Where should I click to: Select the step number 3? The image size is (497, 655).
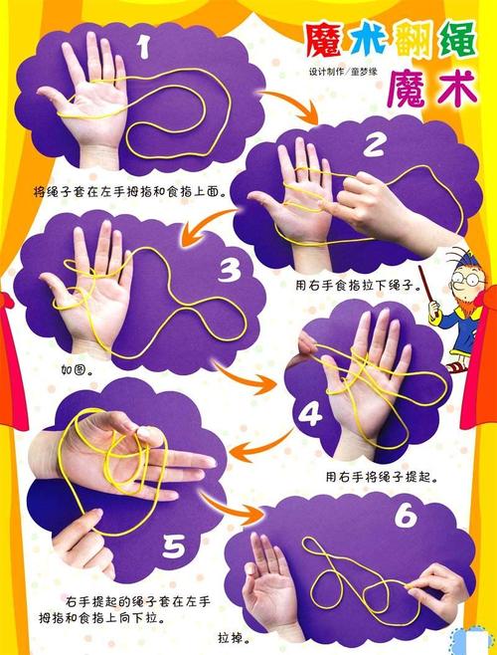(230, 270)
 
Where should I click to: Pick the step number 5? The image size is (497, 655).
(175, 545)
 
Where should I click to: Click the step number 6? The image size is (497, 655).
(403, 517)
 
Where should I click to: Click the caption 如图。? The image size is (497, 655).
(78, 369)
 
